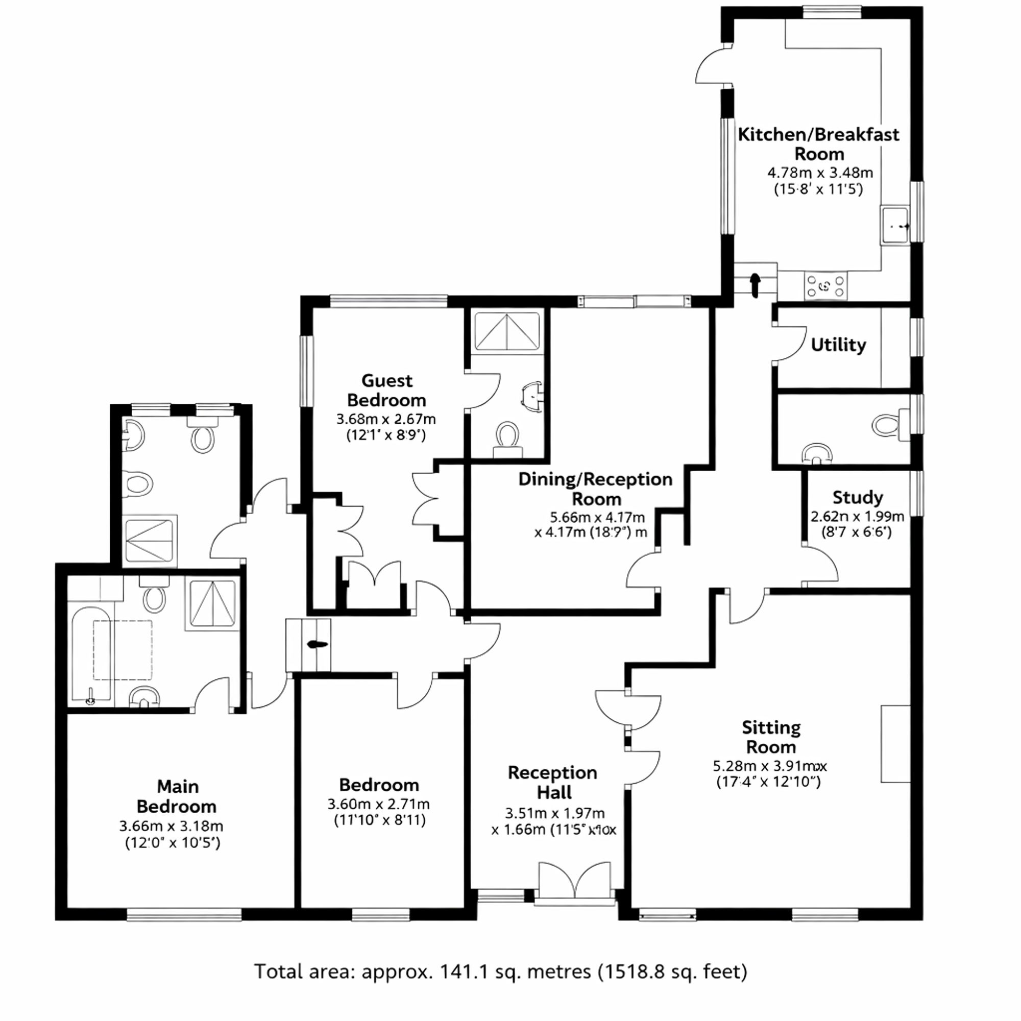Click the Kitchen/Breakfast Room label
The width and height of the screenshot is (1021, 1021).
pos(818,144)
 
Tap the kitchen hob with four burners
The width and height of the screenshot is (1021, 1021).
pos(825,286)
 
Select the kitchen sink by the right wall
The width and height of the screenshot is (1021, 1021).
pos(895,226)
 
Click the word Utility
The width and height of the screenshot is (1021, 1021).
pos(838,345)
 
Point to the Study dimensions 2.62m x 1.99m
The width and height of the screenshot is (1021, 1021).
pos(857,516)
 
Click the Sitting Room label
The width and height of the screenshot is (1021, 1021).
pos(771,737)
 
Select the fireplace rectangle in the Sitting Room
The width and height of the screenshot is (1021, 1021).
pos(895,744)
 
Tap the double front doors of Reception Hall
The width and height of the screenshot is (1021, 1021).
pos(575,881)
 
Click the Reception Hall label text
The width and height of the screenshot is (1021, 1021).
pos(553,782)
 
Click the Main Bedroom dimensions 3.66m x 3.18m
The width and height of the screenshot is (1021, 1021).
pos(171,826)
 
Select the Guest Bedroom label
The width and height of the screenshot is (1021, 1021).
pos(386,390)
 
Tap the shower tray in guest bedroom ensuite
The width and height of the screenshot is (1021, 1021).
pos(507,331)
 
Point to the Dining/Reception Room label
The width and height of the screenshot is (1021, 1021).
pos(596,489)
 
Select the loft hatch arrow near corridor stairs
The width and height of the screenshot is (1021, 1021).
pos(317,644)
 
